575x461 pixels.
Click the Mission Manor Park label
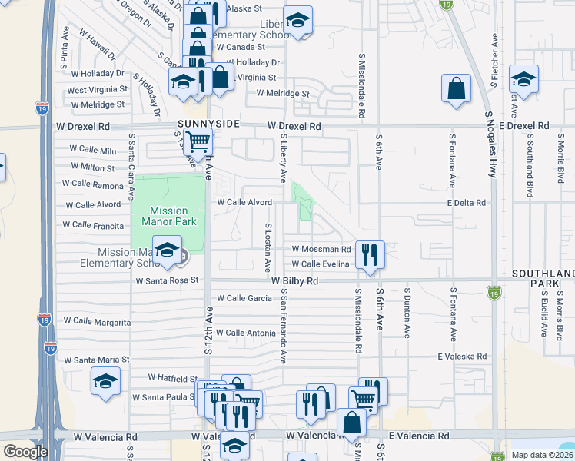(x=168, y=216)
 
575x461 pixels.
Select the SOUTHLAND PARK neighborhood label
(x=543, y=277)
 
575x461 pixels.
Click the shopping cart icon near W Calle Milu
(x=198, y=141)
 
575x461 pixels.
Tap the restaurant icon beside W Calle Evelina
(x=370, y=254)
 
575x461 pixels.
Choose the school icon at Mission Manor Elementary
(x=167, y=249)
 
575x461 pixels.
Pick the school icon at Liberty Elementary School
(x=297, y=22)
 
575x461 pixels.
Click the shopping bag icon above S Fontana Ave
(x=456, y=88)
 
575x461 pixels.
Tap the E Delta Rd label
(x=467, y=203)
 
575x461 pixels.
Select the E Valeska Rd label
(x=463, y=357)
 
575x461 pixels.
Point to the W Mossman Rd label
(x=321, y=250)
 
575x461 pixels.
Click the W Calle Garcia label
(x=244, y=298)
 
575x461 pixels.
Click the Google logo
(x=25, y=452)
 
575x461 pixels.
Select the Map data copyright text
(x=541, y=455)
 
